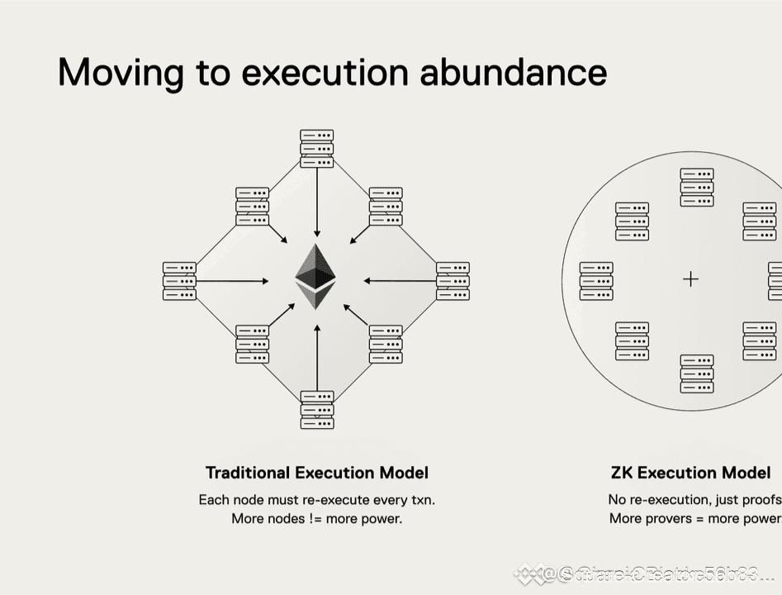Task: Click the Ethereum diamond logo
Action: point(316,276)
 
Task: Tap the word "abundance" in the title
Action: point(513,73)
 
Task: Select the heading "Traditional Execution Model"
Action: point(317,473)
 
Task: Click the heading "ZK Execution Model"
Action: point(690,473)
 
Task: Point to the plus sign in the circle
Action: point(690,279)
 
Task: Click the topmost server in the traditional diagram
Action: point(317,149)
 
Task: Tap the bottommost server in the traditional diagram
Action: point(317,410)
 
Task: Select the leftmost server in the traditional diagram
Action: point(179,281)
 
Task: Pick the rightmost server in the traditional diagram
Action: point(453,281)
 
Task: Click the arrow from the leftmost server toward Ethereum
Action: point(233,281)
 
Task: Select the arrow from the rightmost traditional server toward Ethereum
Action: point(400,281)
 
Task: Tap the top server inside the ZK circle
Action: point(697,188)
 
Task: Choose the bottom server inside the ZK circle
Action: point(697,374)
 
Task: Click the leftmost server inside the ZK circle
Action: point(596,281)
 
